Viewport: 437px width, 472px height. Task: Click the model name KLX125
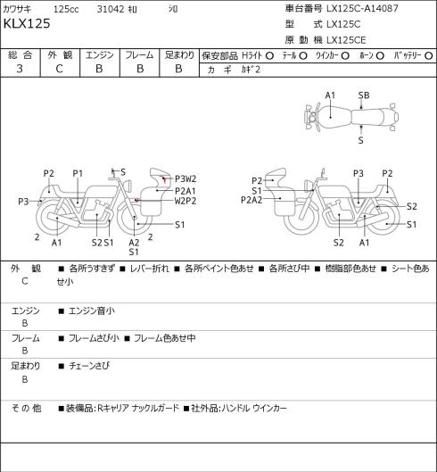point(27,23)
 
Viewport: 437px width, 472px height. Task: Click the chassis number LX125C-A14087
point(362,8)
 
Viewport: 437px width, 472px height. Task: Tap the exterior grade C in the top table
point(59,69)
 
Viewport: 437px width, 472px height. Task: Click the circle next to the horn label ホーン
point(380,56)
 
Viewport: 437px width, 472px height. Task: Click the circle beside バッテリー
point(429,56)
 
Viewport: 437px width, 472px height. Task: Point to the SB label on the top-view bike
point(364,95)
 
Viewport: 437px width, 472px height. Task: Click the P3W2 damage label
point(186,178)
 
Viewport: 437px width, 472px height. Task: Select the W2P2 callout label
point(186,201)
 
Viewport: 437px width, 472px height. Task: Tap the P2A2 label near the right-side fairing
point(251,200)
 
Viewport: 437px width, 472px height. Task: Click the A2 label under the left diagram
point(134,243)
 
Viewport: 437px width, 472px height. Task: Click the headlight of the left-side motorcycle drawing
point(128,185)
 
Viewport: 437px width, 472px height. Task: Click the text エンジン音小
point(92,311)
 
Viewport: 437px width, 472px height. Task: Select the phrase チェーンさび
point(89,366)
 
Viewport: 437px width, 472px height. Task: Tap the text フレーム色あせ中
point(165,338)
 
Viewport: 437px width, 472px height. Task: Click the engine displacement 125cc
point(66,9)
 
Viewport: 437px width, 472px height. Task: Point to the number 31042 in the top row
point(111,9)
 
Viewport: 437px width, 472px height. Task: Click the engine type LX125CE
point(346,40)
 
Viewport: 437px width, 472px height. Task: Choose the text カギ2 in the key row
point(251,70)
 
